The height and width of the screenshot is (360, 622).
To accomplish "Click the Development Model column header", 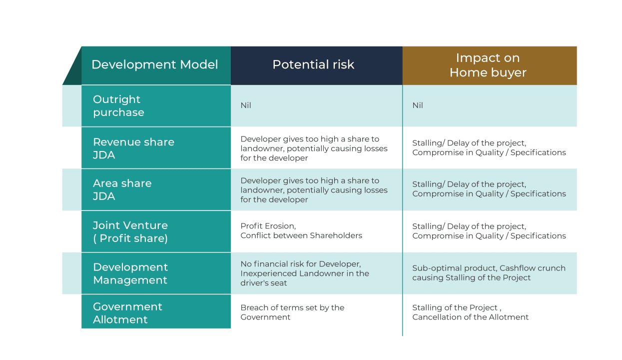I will pyautogui.click(x=155, y=65).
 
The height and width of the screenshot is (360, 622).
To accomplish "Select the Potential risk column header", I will pyautogui.click(x=313, y=65).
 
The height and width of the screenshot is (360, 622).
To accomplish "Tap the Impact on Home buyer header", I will pyautogui.click(x=488, y=65).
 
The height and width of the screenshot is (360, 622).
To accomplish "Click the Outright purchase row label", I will pyautogui.click(x=118, y=106).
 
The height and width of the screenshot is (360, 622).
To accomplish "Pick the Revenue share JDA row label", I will pyautogui.click(x=133, y=148).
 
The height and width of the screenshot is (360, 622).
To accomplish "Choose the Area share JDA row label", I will pyautogui.click(x=122, y=190).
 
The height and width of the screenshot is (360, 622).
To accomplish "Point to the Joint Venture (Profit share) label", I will pyautogui.click(x=130, y=232).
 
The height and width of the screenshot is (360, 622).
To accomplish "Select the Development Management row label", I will pyautogui.click(x=130, y=273).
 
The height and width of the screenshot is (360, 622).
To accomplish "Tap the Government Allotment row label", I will pyautogui.click(x=127, y=313).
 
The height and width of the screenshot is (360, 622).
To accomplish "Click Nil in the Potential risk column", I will pyautogui.click(x=246, y=106).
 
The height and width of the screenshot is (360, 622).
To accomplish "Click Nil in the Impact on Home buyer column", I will pyautogui.click(x=418, y=106).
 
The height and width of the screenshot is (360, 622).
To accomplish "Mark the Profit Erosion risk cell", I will pyautogui.click(x=301, y=231).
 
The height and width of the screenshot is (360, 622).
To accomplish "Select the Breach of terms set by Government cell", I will pyautogui.click(x=292, y=312).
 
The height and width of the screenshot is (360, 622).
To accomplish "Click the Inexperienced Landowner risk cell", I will pyautogui.click(x=304, y=273).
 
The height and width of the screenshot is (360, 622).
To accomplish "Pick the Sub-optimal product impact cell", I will pyautogui.click(x=488, y=273).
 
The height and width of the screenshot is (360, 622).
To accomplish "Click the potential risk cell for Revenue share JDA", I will pyautogui.click(x=313, y=148).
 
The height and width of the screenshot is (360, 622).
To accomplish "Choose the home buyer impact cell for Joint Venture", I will pyautogui.click(x=488, y=231).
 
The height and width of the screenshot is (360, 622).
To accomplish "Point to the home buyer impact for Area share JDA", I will pyautogui.click(x=488, y=189).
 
